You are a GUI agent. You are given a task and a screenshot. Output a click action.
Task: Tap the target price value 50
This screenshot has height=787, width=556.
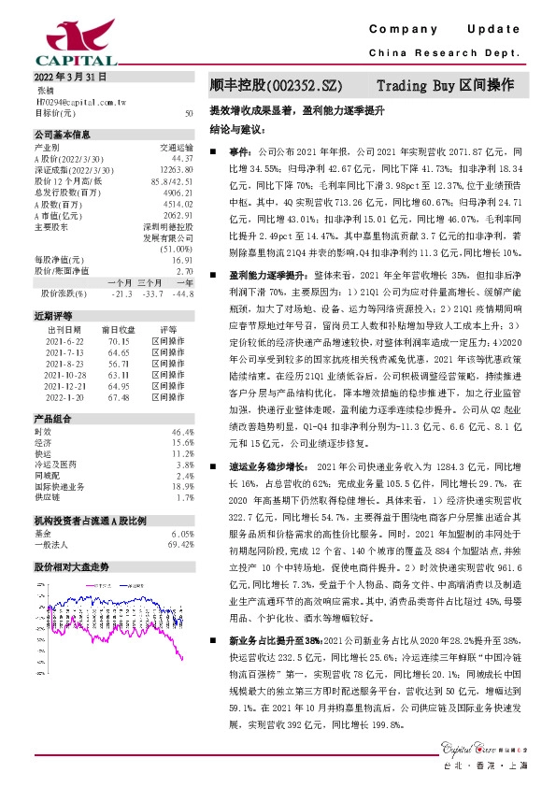(x=189, y=112)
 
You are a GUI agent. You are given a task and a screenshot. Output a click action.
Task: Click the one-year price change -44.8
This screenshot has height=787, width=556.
(x=183, y=293)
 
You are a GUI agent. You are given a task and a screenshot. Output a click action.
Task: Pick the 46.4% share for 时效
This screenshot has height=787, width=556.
(x=182, y=432)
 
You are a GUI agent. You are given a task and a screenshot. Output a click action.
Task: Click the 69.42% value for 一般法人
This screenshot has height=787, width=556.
(x=180, y=544)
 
